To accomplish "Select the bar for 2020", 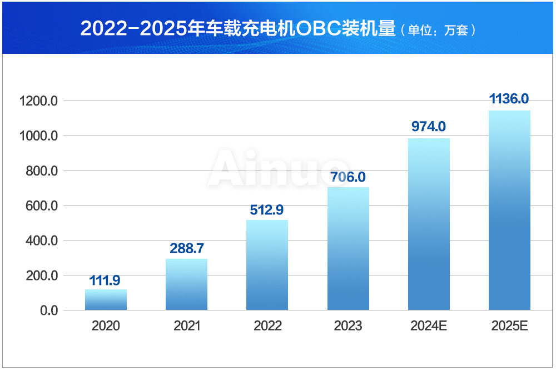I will click(x=106, y=300).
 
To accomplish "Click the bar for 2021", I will click(x=186, y=284).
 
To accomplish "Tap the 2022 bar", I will click(x=267, y=265).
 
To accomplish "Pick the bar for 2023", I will click(x=348, y=248).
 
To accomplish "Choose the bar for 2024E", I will click(x=429, y=224).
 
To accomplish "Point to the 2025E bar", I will click(x=509, y=210).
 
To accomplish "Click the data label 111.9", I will click(x=105, y=280).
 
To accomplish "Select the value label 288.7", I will click(x=186, y=248).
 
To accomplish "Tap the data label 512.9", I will click(x=267, y=210).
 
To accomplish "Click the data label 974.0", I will click(x=429, y=127).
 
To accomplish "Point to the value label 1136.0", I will click(x=509, y=99).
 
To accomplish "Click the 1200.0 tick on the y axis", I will click(x=38, y=101).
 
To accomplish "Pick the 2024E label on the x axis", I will click(x=429, y=326).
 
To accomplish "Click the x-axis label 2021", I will click(x=187, y=326).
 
